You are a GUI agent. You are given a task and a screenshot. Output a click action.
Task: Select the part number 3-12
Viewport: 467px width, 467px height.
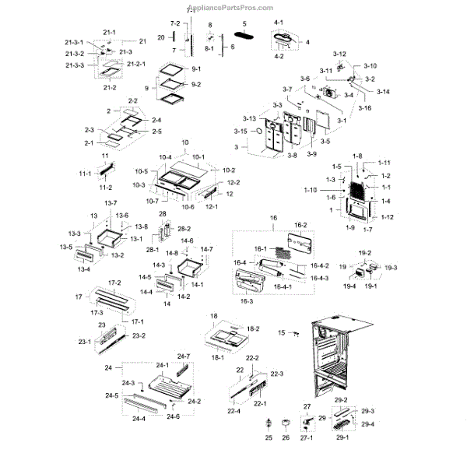click(339, 53)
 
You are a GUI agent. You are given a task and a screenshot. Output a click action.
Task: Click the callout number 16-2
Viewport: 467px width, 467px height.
click(300, 224)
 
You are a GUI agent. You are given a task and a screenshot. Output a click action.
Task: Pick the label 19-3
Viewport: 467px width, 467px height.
click(390, 268)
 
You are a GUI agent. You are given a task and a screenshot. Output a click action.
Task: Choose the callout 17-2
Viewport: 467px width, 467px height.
click(114, 283)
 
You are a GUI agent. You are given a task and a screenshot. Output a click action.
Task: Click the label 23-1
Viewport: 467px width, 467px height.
click(84, 342)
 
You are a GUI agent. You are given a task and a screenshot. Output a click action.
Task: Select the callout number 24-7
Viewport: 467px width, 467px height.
click(183, 356)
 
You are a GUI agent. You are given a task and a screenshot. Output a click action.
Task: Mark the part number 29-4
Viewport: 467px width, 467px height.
click(367, 423)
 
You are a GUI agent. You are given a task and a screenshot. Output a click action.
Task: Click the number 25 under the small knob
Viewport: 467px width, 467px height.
click(269, 438)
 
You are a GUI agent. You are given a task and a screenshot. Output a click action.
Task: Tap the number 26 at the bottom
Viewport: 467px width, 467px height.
click(286, 438)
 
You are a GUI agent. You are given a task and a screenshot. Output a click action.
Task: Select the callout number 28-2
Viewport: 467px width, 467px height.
click(184, 229)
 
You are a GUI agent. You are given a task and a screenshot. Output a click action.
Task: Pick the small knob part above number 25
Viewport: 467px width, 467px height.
click(269, 424)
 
